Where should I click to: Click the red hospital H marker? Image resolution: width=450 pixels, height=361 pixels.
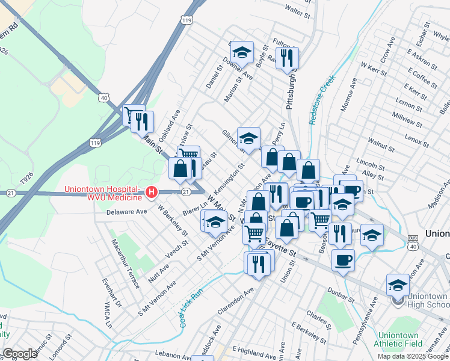point(152,192)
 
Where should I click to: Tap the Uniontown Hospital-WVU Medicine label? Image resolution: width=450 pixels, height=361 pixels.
point(103,192)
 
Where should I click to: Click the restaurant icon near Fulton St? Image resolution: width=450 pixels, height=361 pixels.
point(287,58)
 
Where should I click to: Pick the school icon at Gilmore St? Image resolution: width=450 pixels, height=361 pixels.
point(248,139)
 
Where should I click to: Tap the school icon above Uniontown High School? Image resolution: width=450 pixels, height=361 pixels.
point(398,285)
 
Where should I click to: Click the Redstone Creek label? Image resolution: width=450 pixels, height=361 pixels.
point(321,100)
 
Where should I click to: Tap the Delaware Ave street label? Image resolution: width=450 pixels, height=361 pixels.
point(126,212)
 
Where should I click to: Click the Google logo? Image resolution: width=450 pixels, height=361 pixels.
point(20,354)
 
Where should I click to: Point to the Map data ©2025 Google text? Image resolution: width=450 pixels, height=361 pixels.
point(412,356)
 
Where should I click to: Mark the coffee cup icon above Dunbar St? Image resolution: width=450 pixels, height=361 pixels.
point(343,260)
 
